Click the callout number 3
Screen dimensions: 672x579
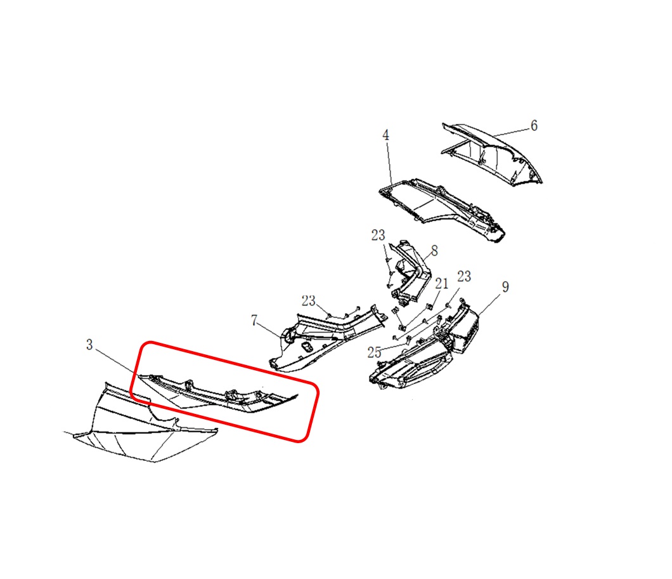[89, 345]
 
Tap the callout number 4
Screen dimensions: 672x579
[385, 135]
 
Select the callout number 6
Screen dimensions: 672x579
[534, 125]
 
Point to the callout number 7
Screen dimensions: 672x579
[254, 320]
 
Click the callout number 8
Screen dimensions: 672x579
[434, 251]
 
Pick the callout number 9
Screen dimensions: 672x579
[505, 287]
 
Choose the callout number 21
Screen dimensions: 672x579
[441, 283]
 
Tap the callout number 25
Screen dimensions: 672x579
[374, 352]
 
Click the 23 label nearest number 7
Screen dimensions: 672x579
[308, 301]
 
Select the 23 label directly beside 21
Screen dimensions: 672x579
[464, 276]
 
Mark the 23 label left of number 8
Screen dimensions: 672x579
[378, 235]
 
